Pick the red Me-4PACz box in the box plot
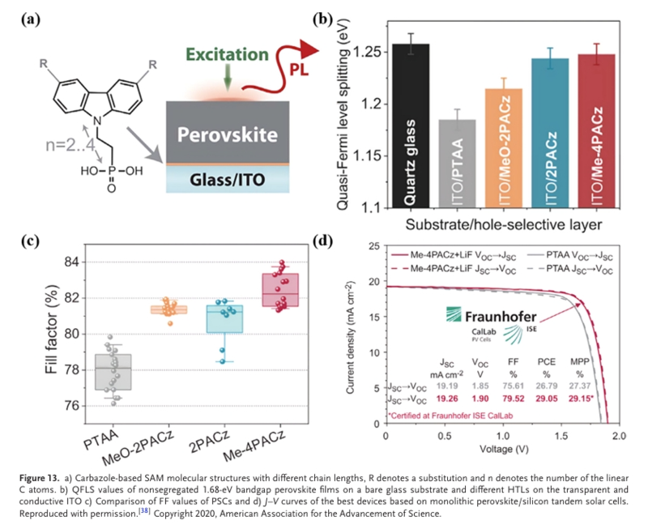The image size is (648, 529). tap(283, 290)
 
